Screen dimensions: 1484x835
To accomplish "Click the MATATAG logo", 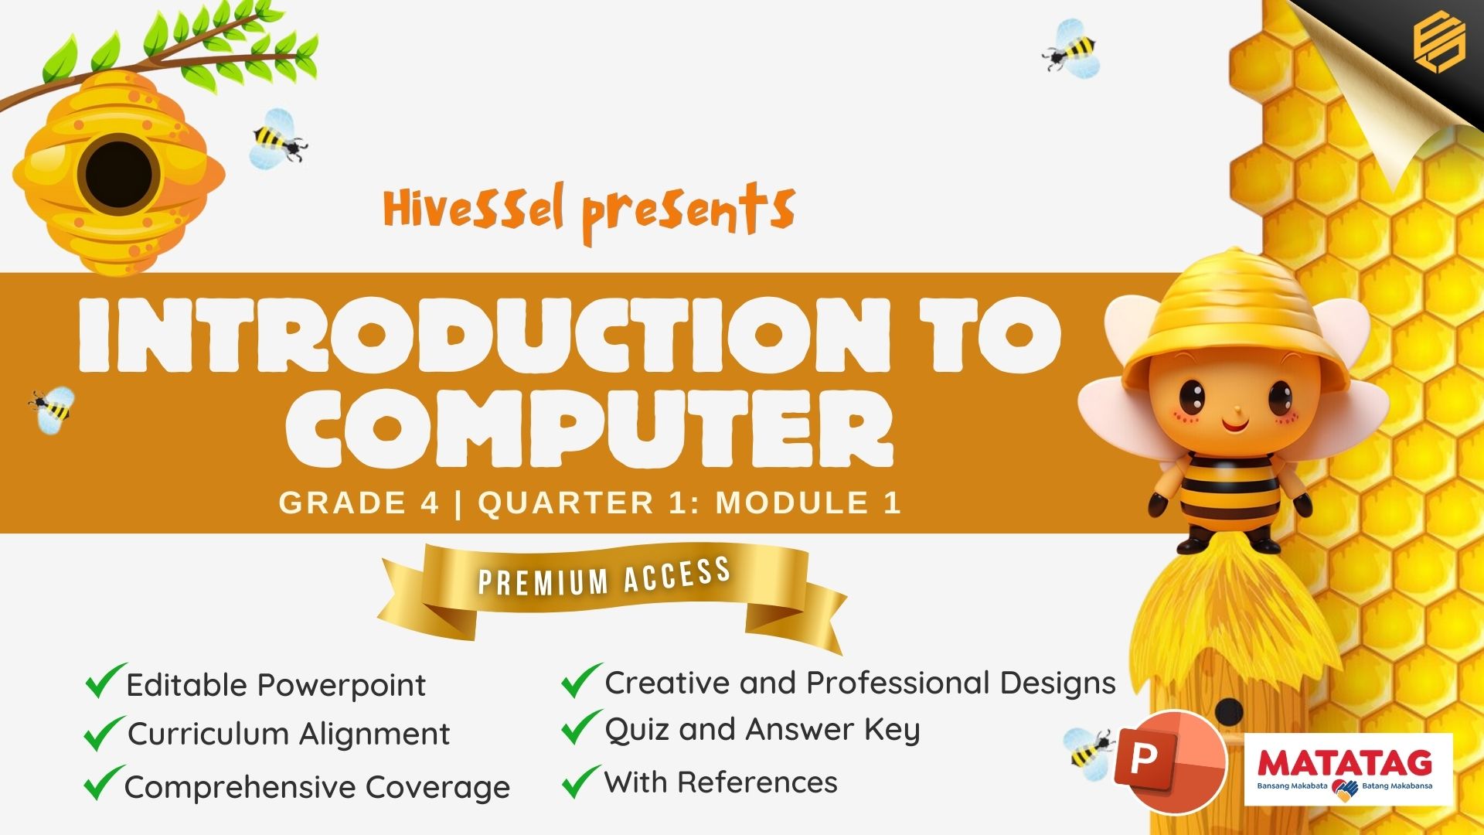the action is [1348, 770].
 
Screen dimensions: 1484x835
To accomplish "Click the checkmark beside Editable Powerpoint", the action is [104, 680].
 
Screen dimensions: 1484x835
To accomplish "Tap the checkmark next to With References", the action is [580, 781].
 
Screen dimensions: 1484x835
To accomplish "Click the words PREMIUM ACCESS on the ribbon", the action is [604, 578].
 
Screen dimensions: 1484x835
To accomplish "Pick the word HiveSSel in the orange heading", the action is [474, 207].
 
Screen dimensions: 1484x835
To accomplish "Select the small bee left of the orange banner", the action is [52, 408].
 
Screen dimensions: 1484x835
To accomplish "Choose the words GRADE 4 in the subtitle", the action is [359, 503].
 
